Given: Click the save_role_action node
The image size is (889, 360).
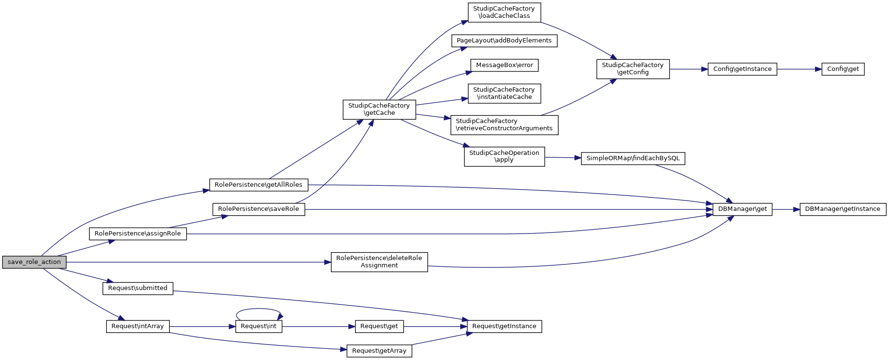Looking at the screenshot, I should (x=34, y=262).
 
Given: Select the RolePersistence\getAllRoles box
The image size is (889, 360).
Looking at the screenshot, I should (x=259, y=185).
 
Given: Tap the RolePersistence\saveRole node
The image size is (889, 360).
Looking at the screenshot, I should (x=259, y=209).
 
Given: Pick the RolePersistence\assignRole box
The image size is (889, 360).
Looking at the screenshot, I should (x=137, y=234).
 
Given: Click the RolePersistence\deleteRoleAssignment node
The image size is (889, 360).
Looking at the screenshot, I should (x=379, y=262).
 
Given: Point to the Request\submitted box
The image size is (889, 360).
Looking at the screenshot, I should (x=137, y=288).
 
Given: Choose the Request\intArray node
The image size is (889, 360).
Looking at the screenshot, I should (x=137, y=326).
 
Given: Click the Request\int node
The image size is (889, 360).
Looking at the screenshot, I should (x=259, y=326).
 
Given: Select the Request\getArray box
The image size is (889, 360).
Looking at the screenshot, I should (x=379, y=351).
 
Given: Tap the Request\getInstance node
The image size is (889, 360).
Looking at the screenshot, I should (x=504, y=326).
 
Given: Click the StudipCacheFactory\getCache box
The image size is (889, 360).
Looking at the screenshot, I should (x=379, y=110).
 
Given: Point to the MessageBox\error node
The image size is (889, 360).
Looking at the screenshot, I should (x=504, y=65).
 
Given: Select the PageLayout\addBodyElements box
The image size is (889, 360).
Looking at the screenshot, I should (x=504, y=41).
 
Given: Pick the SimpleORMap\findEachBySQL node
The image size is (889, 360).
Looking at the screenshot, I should (x=633, y=158).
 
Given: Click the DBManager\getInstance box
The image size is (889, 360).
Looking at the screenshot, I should (x=843, y=209).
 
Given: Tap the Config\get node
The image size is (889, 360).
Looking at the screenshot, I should (x=843, y=69).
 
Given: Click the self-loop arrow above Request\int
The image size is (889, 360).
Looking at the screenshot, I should (x=259, y=309).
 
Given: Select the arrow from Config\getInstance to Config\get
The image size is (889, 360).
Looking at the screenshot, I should (x=799, y=69).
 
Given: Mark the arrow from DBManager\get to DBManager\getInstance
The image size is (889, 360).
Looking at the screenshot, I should (x=786, y=209).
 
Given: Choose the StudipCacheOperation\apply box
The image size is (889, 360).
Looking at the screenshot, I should (x=504, y=156).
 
